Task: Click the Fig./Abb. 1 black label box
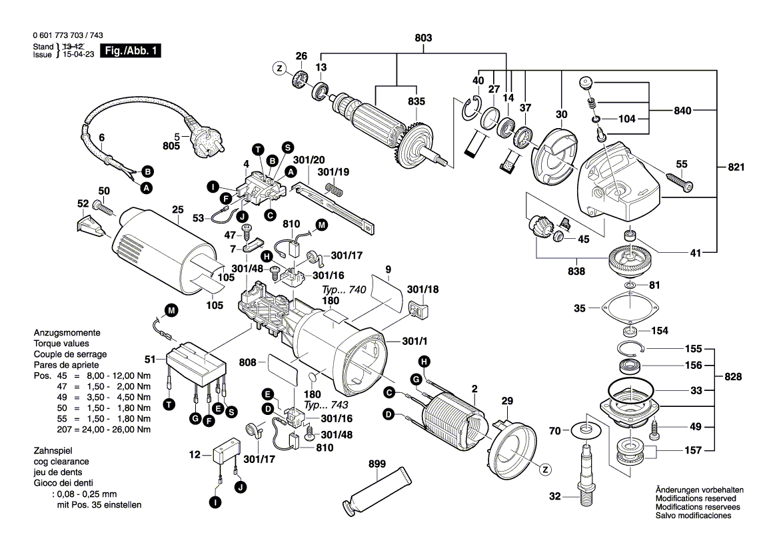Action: pos(130,51)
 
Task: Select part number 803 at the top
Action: pos(423,39)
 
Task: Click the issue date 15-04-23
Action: pos(76,55)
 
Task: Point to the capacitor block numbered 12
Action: pos(225,451)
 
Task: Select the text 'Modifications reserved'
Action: pos(696,498)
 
